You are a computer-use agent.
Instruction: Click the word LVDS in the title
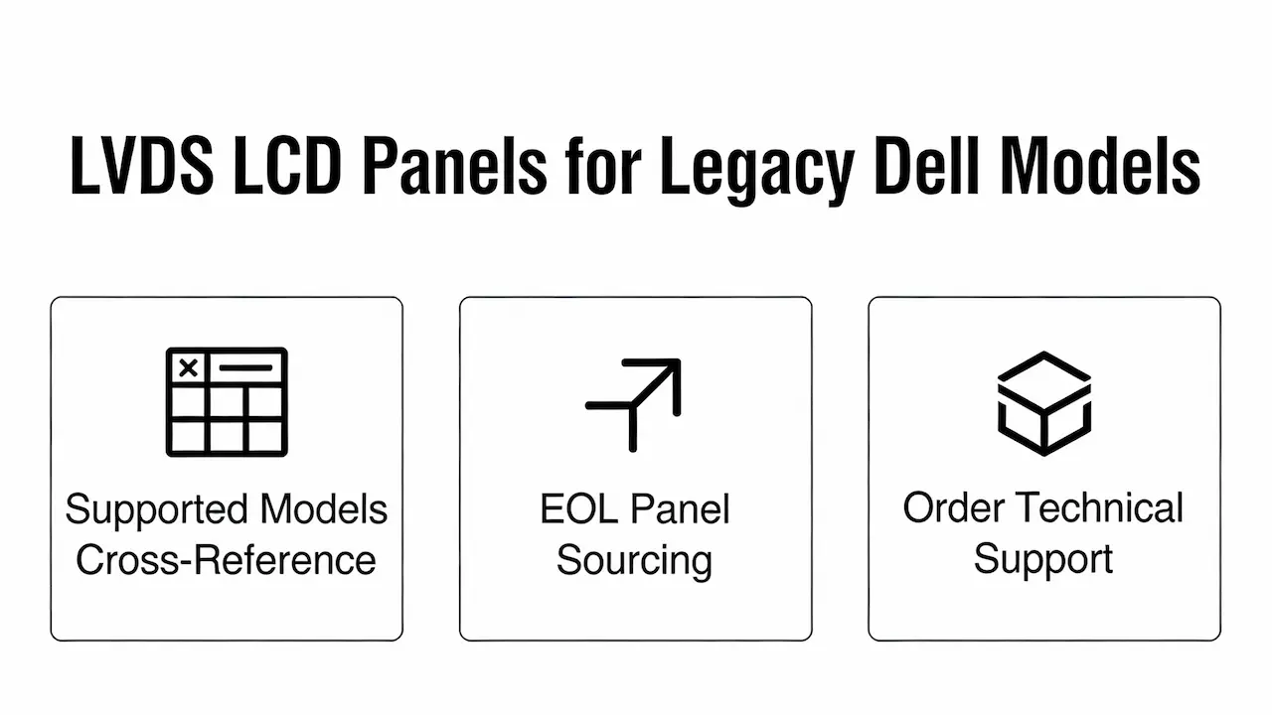coord(139,164)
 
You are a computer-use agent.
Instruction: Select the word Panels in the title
coord(453,164)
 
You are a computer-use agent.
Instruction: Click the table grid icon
coord(227,401)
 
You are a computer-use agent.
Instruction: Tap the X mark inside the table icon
coord(188,368)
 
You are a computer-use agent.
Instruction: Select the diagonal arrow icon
coord(634,403)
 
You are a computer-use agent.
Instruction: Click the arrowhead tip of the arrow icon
coord(678,362)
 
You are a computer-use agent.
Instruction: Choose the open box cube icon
coord(1043,401)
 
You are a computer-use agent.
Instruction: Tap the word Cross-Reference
coord(227,560)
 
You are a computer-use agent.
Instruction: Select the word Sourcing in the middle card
coord(634,560)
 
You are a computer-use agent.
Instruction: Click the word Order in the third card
coord(953,508)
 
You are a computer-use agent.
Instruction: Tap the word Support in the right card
coord(1043,560)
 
